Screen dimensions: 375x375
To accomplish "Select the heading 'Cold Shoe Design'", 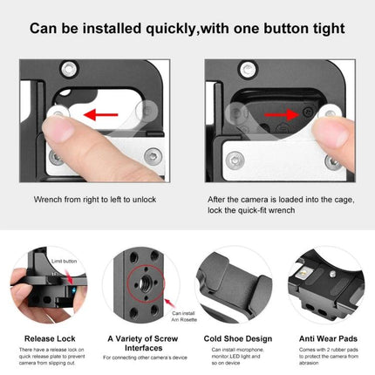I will pyautogui.click(x=235, y=337).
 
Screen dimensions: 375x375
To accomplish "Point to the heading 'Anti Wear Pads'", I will pyautogui.click(x=328, y=337).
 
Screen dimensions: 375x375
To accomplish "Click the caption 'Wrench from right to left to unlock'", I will pyautogui.click(x=95, y=200).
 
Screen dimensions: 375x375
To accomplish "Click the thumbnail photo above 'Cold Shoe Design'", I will pyautogui.click(x=235, y=289).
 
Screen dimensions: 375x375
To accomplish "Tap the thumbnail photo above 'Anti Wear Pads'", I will pyautogui.click(x=328, y=289).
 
